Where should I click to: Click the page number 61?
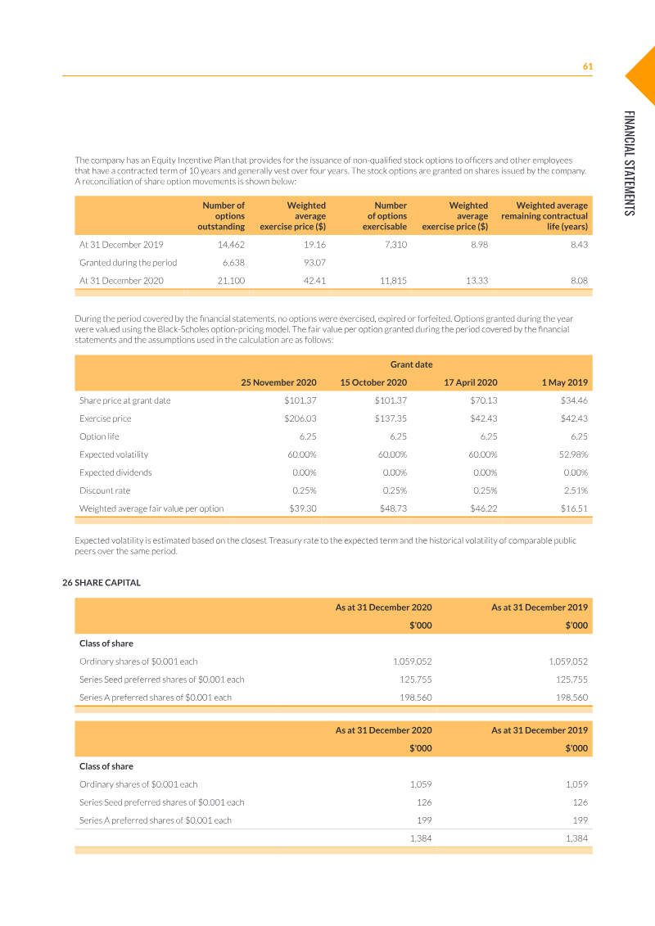pos(587,66)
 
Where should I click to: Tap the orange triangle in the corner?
pos(644,75)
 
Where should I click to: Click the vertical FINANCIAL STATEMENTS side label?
pos(628,163)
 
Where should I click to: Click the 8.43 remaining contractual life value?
pos(578,245)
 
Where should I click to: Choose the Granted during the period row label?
pos(128,263)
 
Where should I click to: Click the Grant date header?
pos(411,364)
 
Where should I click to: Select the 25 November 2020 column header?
pos(278,382)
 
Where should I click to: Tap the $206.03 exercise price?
pos(300,418)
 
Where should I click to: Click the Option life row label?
pos(99,436)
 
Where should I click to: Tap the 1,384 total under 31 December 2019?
pos(576,838)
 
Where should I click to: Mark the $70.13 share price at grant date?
pos(483,400)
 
